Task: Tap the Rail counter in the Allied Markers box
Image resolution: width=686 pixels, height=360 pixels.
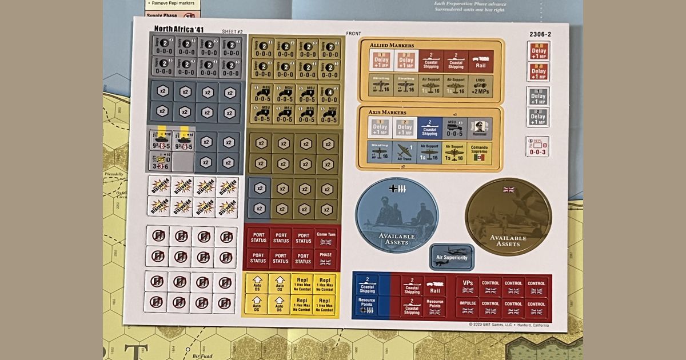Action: click(480, 61)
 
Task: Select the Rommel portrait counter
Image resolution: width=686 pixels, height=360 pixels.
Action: click(479, 129)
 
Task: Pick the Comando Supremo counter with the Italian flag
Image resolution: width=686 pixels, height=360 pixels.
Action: click(479, 153)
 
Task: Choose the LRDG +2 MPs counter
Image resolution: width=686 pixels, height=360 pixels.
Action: click(480, 86)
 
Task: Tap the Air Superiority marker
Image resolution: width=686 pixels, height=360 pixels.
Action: click(452, 257)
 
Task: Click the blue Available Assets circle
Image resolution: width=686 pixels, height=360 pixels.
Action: click(397, 215)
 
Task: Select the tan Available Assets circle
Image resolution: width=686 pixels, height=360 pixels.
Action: click(508, 217)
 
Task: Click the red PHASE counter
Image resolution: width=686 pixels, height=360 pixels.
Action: click(325, 258)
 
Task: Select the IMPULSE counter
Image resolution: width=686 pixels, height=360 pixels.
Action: click(468, 307)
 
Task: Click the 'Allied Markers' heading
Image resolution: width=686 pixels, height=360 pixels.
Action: click(392, 45)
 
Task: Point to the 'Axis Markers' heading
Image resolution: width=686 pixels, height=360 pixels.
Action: click(389, 112)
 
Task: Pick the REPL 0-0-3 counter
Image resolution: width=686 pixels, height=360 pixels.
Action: click(537, 146)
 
